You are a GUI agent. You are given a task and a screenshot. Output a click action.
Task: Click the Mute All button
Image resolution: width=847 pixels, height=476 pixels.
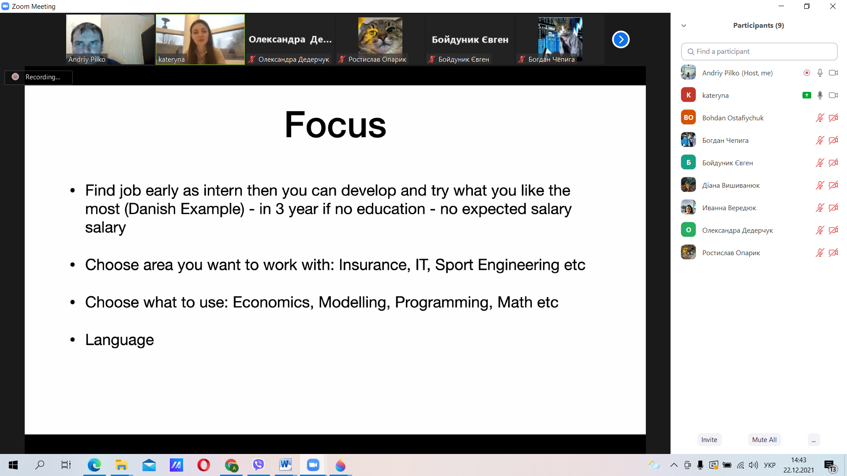[x=764, y=439]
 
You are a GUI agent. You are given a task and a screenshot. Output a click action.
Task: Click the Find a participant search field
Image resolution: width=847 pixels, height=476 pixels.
[x=759, y=52]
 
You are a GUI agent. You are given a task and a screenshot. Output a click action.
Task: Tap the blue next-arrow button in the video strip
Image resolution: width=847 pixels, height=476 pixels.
[x=621, y=40]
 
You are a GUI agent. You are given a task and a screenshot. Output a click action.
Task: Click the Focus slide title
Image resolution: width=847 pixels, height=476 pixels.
[x=335, y=125]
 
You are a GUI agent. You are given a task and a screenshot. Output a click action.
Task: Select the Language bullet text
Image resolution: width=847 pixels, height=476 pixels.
[x=120, y=340]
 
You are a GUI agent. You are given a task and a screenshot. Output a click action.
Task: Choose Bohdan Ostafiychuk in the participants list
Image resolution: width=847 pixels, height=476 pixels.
[x=733, y=118]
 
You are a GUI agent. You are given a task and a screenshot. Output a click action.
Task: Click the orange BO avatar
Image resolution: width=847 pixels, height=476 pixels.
[x=688, y=117]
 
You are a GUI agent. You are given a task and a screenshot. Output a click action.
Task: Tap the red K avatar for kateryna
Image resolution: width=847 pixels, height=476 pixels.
[x=688, y=95]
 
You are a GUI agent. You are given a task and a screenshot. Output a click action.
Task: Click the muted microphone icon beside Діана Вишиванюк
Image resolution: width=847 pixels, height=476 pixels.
[x=820, y=185]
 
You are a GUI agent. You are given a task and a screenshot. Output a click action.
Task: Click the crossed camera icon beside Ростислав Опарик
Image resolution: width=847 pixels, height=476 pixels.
[x=833, y=253]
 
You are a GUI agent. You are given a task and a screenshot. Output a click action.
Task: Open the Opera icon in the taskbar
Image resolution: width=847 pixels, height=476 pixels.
[x=203, y=465]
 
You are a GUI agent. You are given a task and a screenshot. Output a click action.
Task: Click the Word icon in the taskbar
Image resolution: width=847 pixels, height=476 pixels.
[x=285, y=465]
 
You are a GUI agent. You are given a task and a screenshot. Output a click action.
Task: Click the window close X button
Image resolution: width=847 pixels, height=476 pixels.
[x=833, y=6]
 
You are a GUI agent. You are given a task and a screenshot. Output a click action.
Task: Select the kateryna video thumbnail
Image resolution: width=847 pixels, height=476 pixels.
[x=200, y=39]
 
